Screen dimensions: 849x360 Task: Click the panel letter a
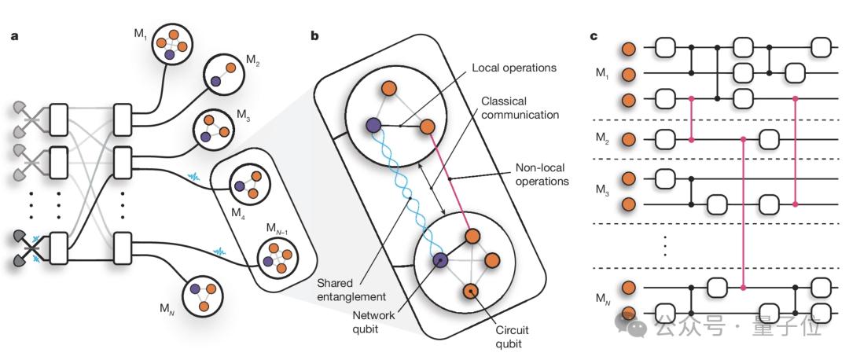(x=14, y=36)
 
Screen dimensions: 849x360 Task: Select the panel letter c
(x=594, y=36)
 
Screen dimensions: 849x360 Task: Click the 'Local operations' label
(x=514, y=68)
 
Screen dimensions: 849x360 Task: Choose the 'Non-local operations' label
(x=542, y=174)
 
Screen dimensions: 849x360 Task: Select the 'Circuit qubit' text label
(x=511, y=336)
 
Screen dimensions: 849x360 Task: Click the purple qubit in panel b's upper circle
(x=372, y=126)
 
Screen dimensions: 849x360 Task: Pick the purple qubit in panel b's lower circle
(x=440, y=261)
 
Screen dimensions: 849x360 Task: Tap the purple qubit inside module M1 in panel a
(x=170, y=55)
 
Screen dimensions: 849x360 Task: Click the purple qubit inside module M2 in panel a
(x=215, y=81)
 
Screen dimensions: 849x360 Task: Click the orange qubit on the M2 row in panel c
(x=629, y=140)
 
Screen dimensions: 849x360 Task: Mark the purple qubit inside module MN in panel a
(x=195, y=289)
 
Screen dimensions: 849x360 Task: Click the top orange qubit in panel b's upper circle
(x=387, y=88)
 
